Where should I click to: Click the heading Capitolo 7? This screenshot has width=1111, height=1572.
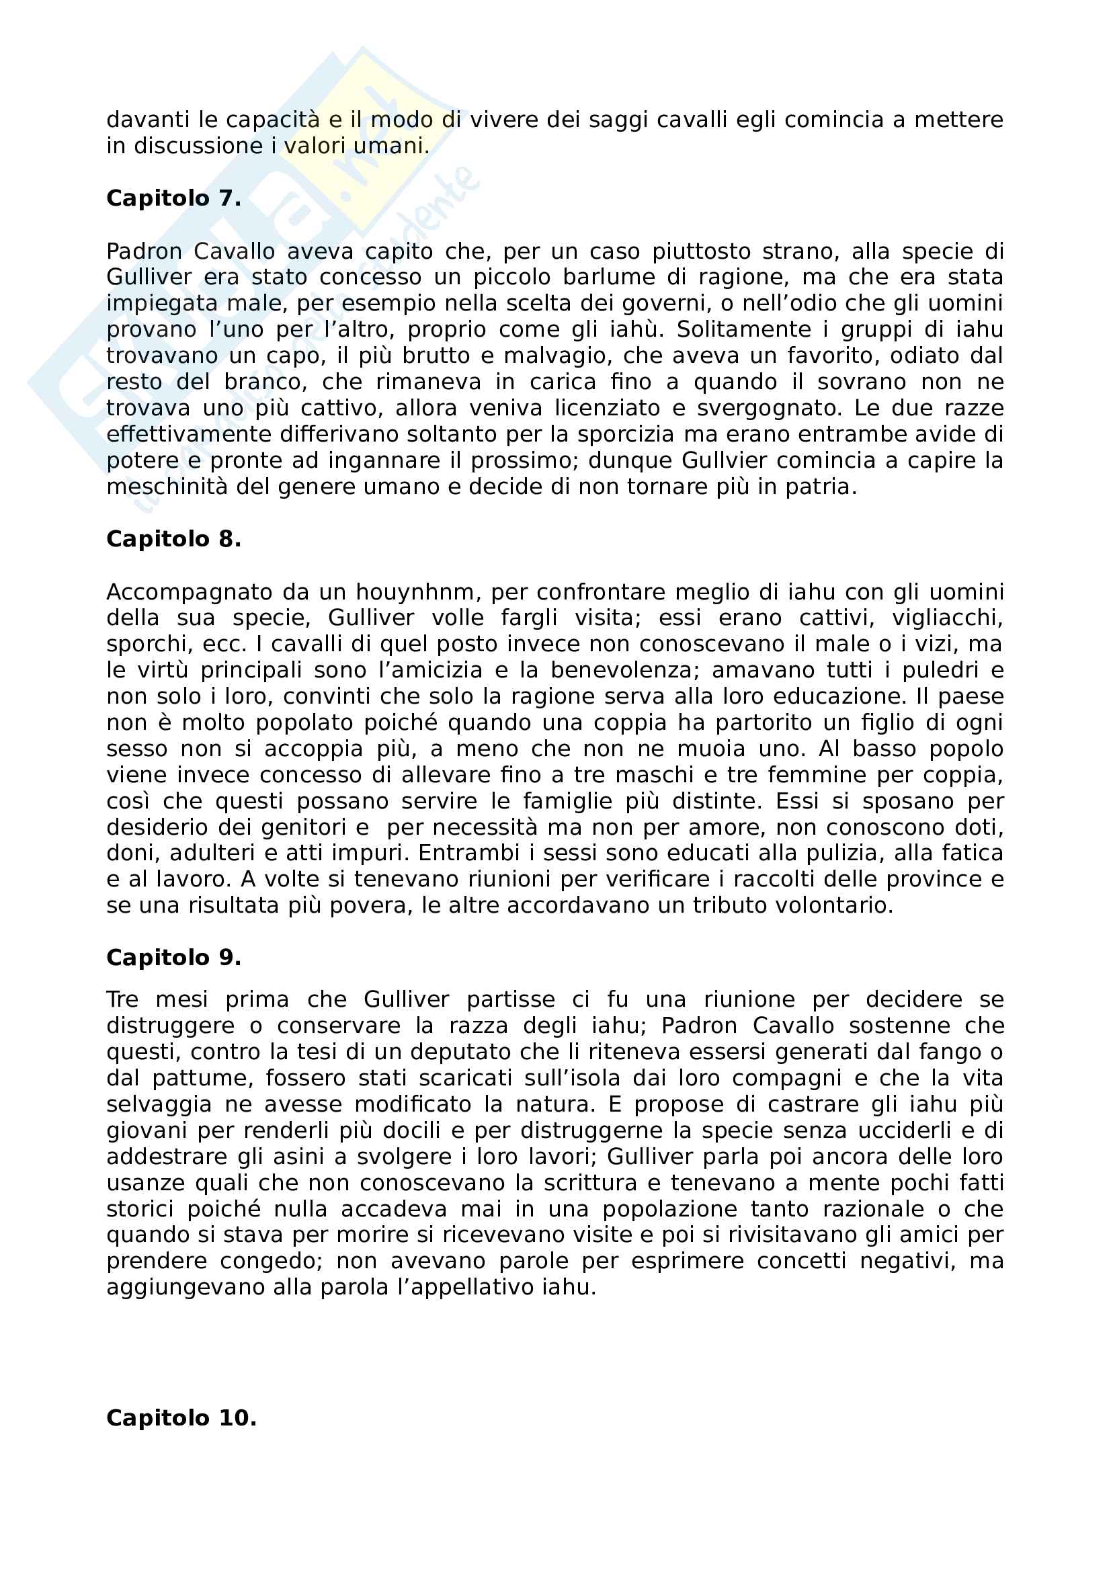[174, 198]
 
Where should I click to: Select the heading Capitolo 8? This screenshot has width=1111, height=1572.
[174, 540]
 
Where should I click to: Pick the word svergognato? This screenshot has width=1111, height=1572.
[770, 409]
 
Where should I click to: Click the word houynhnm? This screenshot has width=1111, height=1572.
[415, 592]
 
